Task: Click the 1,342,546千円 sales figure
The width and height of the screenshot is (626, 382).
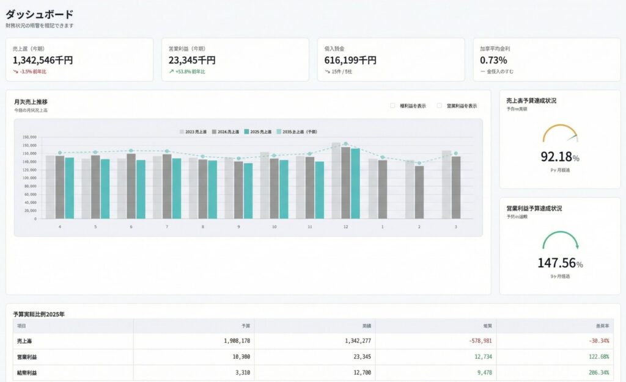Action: point(43,60)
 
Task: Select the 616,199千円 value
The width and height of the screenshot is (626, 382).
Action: point(350,60)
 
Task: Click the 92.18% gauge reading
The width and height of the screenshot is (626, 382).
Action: point(559,157)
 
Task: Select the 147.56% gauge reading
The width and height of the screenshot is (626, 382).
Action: point(559,263)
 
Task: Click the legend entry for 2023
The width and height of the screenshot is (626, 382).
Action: point(193,132)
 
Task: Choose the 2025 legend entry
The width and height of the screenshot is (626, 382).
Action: point(259,132)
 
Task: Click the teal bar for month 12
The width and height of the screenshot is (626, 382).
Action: point(355,183)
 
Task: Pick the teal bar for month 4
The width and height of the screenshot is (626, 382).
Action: point(69,188)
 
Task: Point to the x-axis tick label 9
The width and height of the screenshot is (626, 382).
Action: point(238,227)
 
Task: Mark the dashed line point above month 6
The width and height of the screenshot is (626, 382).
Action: point(131,151)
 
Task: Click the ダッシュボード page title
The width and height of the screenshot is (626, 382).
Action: point(39,14)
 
